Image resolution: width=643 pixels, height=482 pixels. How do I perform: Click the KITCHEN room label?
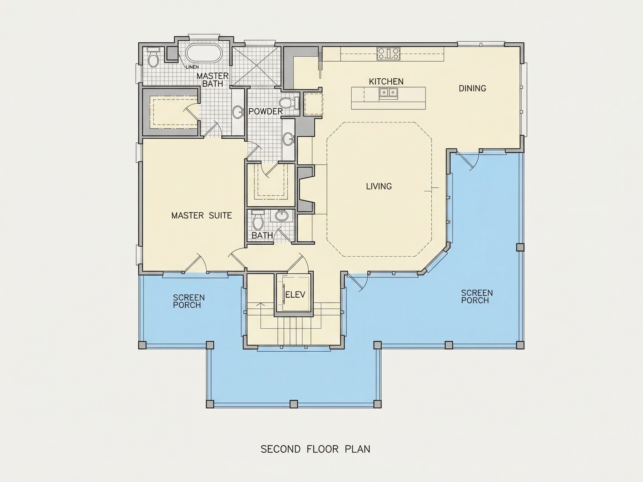[x=386, y=82]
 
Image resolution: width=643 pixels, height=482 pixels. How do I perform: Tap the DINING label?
[x=472, y=88]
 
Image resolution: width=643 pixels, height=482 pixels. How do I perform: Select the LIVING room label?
[x=379, y=186]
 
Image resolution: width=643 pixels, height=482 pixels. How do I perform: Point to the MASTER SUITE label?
[x=201, y=216]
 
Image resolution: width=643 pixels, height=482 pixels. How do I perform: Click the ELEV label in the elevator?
[x=295, y=295]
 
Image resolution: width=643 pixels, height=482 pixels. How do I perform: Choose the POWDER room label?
[x=265, y=111]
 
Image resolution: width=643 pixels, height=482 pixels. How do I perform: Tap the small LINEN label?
[x=192, y=67]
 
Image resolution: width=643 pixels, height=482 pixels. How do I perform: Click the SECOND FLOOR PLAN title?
[x=315, y=449]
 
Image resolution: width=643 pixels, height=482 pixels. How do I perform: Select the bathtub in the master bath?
[x=204, y=53]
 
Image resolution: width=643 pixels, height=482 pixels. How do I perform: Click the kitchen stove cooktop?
[x=388, y=54]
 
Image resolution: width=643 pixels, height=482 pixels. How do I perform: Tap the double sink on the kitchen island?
[x=388, y=93]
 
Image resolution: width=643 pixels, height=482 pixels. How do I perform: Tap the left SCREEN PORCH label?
[x=189, y=301]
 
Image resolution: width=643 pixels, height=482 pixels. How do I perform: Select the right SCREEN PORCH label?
[x=477, y=297]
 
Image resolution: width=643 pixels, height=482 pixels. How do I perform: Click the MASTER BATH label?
[x=212, y=80]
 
